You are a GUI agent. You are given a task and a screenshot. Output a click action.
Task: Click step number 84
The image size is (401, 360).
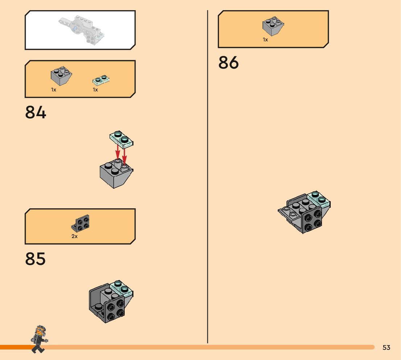point(36,112)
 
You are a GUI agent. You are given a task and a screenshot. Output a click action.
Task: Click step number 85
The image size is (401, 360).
point(36,259)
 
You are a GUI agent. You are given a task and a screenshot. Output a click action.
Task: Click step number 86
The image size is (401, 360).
point(228,63)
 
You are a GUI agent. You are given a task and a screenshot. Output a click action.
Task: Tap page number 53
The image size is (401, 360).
point(386,348)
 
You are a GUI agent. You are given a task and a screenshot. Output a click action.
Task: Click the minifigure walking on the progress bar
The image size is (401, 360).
point(39,339)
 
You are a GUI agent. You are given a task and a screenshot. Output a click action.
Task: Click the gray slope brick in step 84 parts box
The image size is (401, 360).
point(61,76)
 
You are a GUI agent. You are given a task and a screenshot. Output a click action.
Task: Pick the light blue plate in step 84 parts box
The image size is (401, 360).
point(101,79)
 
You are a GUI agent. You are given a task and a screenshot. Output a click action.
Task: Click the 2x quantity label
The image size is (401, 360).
point(74,236)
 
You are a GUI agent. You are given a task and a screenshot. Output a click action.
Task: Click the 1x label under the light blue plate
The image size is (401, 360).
point(95,90)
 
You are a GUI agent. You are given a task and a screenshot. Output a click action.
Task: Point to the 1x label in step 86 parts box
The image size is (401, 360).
point(265,40)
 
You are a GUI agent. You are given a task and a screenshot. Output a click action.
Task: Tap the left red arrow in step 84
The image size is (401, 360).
point(117,152)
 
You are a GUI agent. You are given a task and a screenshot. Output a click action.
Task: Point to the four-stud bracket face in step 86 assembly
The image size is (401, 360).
point(312,220)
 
